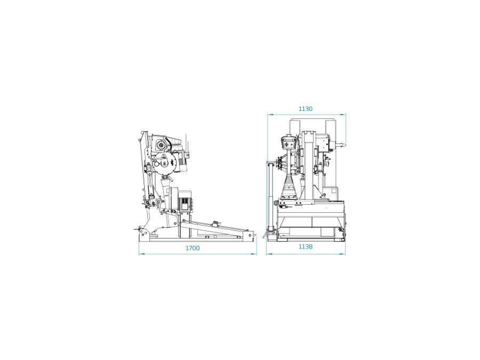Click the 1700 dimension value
[x=193, y=248]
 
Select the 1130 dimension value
[x=306, y=109]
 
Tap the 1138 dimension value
[x=306, y=246]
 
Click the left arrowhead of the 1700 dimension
[x=141, y=254]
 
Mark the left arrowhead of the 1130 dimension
[x=269, y=114]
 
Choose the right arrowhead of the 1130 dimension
[x=343, y=114]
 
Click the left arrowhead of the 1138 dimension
[x=268, y=254]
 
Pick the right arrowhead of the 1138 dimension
[x=343, y=254]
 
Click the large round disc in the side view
[x=164, y=164]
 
